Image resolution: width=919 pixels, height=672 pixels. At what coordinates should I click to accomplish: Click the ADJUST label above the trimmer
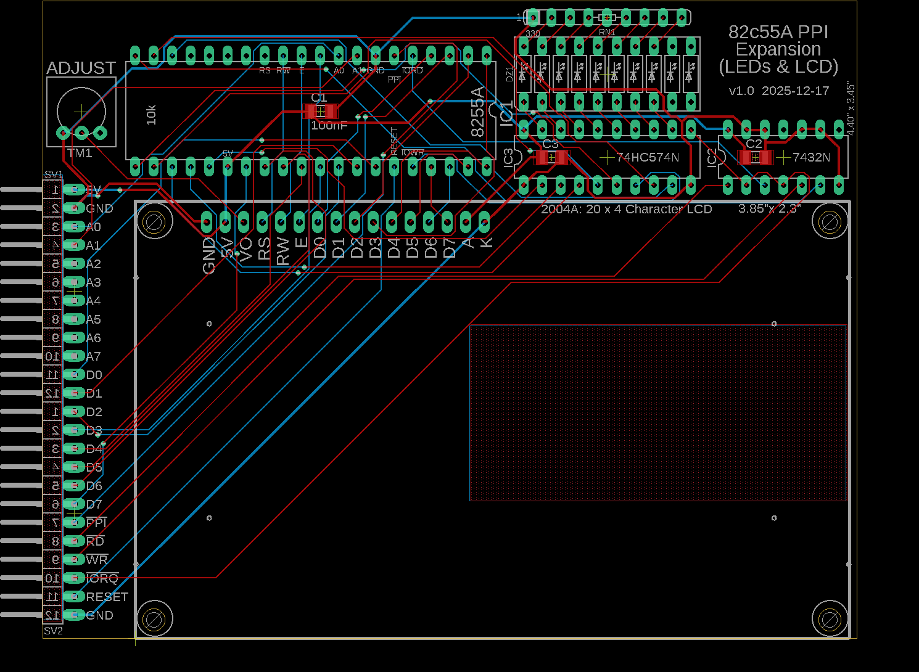81,68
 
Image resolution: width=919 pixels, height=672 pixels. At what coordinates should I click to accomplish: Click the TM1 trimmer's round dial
81,111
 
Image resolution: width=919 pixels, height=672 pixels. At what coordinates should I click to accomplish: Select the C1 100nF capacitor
321,112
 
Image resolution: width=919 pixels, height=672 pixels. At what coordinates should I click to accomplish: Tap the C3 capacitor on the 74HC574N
551,157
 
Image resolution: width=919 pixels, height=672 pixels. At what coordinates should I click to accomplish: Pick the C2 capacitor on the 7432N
756,157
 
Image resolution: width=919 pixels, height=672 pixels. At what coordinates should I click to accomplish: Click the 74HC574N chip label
648,158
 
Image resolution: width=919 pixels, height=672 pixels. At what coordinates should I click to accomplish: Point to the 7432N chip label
811,158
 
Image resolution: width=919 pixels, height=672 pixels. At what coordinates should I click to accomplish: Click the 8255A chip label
478,112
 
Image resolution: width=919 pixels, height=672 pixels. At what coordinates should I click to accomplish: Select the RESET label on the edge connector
107,597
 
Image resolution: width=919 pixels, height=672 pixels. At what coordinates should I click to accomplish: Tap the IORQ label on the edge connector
102,578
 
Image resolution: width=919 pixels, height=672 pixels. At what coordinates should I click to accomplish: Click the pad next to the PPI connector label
74,523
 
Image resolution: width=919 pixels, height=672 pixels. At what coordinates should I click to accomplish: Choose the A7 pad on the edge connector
74,356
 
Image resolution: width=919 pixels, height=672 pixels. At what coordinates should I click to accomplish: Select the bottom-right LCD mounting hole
830,619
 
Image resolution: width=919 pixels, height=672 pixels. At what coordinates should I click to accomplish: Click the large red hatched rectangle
658,413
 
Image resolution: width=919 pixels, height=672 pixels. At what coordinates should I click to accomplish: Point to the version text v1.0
741,91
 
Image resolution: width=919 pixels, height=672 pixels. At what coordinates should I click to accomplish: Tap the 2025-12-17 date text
795,91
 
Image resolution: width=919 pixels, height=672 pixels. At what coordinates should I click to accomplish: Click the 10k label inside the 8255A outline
152,115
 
